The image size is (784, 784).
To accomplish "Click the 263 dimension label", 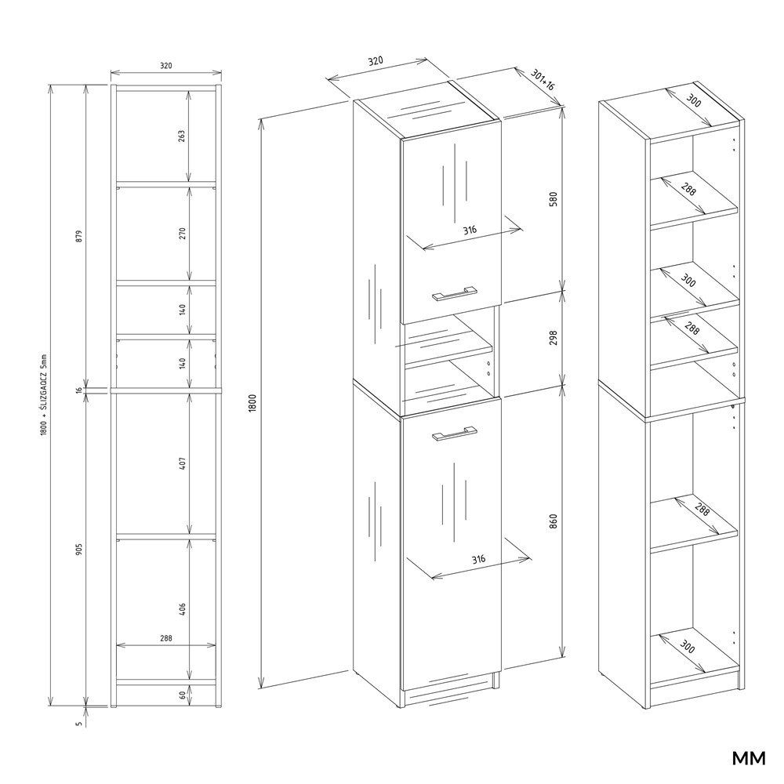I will point(182,136).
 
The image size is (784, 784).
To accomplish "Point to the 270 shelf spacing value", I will point(182,233).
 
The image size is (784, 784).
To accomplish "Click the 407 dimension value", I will point(182,463).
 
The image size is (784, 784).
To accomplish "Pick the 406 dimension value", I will point(182,607).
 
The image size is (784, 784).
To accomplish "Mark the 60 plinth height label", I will point(182,695).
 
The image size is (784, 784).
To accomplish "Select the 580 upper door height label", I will point(553,199).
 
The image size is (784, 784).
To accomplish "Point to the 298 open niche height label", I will point(553,338).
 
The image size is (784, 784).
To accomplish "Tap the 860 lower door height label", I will point(553,522).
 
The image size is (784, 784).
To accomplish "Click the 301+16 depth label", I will point(542,80).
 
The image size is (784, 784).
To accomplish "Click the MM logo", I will point(749,759).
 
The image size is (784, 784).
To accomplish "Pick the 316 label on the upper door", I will point(469,230).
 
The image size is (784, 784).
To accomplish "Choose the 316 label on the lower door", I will point(479,559).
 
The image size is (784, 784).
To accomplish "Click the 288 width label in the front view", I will point(165,639).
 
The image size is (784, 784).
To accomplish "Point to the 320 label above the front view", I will point(165,66).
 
